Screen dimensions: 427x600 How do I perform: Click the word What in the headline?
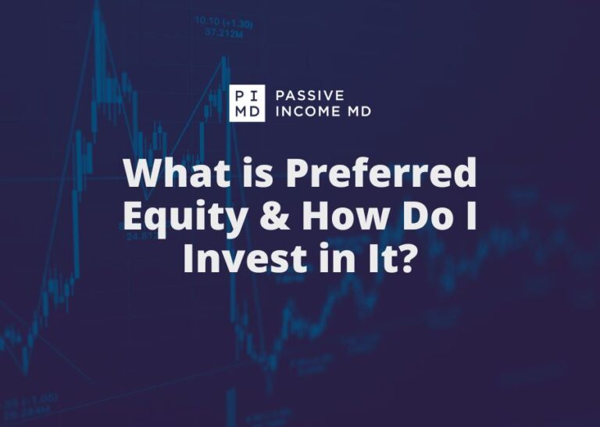click(x=166, y=174)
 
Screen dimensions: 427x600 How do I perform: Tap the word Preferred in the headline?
click(x=380, y=174)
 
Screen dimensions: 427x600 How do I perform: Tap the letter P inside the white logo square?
click(x=238, y=95)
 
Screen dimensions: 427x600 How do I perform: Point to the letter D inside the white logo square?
click(x=256, y=112)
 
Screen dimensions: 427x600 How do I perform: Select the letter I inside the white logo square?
click(x=256, y=95)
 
